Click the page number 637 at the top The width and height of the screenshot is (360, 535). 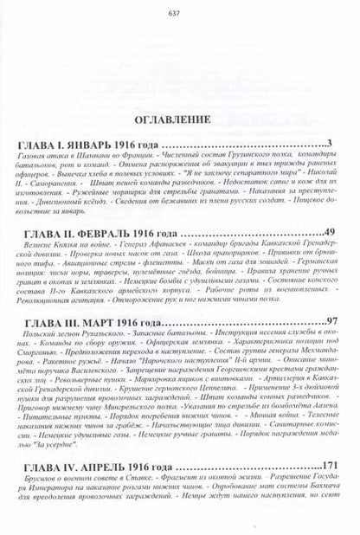(x=180, y=11)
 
